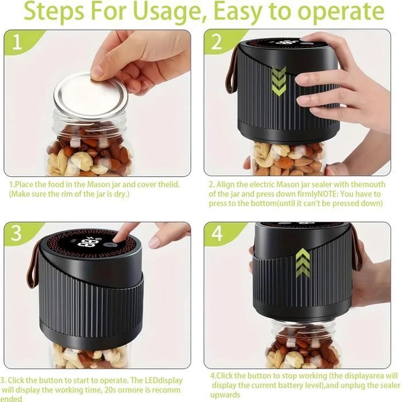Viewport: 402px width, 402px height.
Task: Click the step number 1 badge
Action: tap(17, 42)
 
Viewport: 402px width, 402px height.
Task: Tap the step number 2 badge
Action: tap(217, 42)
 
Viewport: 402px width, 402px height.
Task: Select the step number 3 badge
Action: tap(17, 234)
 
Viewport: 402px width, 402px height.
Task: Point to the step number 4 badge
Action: tap(217, 234)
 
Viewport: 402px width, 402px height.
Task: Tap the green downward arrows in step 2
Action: tap(279, 82)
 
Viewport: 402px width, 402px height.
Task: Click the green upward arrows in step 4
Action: tap(303, 263)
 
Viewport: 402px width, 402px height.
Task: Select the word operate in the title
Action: tap(341, 12)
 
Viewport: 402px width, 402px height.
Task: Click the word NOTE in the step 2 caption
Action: tap(327, 194)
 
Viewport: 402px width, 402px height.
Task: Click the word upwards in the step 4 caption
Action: tap(225, 395)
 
